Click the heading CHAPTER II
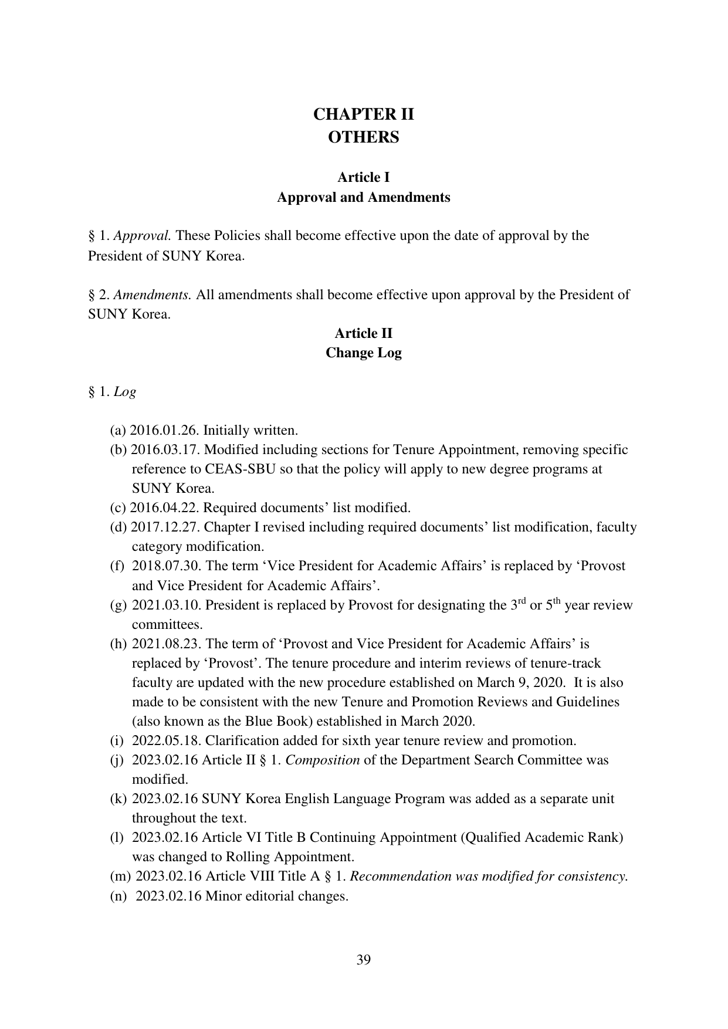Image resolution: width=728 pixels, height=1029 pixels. (363, 114)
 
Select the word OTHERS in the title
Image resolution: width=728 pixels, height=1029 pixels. (363, 137)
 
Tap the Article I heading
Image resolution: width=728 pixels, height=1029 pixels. (363, 177)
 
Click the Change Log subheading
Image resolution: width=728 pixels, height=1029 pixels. (363, 353)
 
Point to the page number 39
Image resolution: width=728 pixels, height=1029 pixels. (363, 960)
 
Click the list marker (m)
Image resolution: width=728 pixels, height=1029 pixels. (120, 876)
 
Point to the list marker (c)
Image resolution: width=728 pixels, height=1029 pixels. (118, 508)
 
